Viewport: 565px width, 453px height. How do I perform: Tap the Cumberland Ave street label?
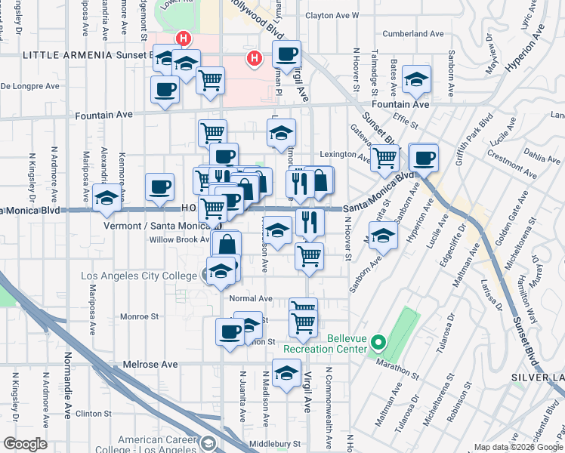tap(412, 34)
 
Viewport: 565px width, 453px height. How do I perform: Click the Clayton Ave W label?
tap(332, 14)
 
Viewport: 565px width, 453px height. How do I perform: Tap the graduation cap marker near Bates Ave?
tap(416, 79)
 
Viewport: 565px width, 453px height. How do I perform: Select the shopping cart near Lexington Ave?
tap(384, 158)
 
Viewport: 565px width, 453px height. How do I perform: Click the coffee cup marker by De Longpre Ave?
tap(164, 92)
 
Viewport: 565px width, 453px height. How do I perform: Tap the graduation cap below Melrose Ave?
tap(286, 373)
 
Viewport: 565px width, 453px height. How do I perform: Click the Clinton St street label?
tap(94, 414)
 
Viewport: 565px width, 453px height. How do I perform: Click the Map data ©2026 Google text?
tap(517, 447)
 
